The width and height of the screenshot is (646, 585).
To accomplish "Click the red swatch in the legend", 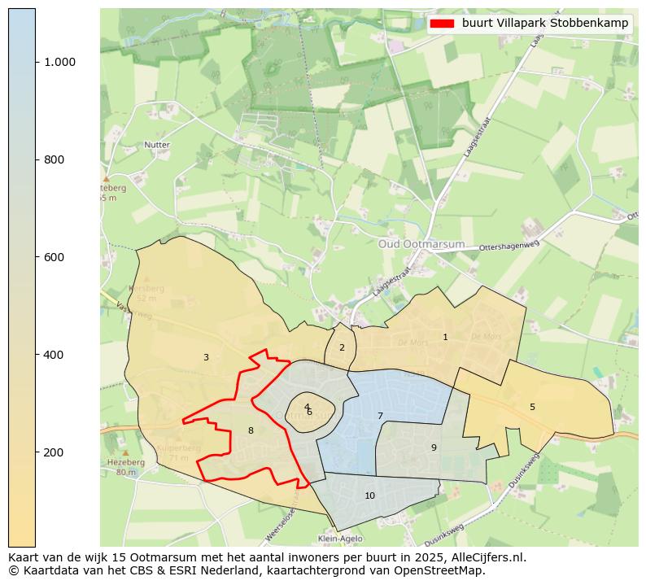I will click(x=443, y=24).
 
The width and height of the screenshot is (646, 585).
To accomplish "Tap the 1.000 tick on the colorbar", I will click(x=59, y=62).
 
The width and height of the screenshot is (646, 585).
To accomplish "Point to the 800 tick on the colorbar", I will click(x=55, y=159).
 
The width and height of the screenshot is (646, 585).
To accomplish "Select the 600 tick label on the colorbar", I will click(x=55, y=257).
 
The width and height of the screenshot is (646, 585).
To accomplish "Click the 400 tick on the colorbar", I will click(x=55, y=355).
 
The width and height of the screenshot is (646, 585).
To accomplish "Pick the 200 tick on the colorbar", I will click(x=55, y=452).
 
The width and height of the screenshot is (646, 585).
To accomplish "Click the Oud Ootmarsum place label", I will click(x=421, y=244).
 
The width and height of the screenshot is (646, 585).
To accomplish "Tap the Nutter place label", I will click(x=156, y=145).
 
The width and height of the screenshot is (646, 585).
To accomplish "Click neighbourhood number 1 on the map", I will click(x=445, y=337).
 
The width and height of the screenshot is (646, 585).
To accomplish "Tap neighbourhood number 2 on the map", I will click(x=342, y=347).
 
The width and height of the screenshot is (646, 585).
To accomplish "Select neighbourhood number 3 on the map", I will click(x=206, y=357).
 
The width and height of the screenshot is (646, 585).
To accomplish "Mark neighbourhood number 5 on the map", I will click(x=532, y=407).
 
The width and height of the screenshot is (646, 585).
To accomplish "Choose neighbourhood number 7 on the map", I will click(x=380, y=416).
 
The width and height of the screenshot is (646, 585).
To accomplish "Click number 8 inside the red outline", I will click(x=251, y=430).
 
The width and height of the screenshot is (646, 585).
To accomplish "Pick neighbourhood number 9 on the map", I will click(x=434, y=447).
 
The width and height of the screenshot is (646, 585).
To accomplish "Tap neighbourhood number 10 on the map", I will click(x=369, y=496).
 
